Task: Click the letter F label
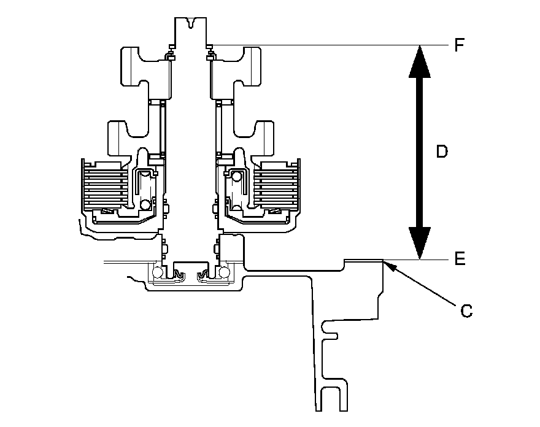coord(460,45)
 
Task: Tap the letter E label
coord(460,259)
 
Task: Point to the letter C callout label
coord(466,312)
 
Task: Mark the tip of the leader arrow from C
coord(384,261)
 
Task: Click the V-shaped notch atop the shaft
coord(192,25)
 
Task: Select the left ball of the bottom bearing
coord(158,272)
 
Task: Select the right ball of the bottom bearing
coord(223,272)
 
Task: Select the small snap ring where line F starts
coord(210,44)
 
